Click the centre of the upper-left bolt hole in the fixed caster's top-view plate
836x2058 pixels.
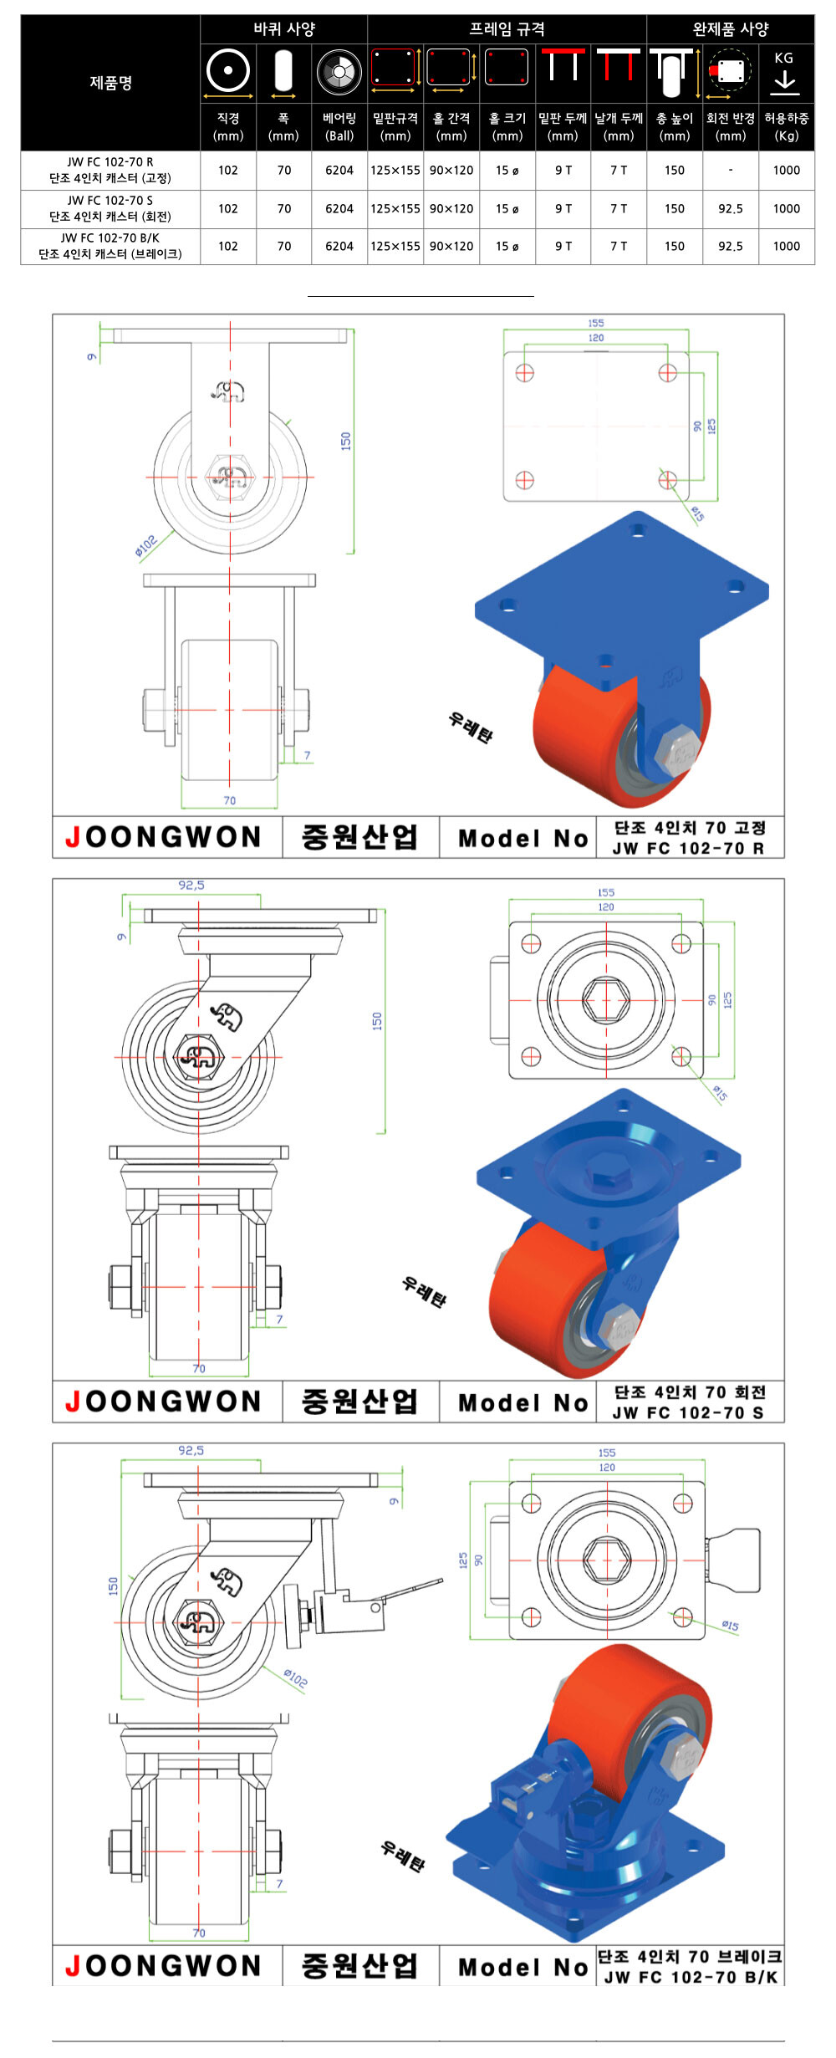tap(524, 372)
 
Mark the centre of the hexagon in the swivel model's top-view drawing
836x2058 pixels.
tap(606, 999)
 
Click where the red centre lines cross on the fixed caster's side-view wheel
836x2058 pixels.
tap(230, 477)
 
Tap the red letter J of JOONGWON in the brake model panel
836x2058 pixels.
tap(73, 1965)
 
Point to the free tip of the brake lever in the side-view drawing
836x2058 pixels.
tap(441, 1581)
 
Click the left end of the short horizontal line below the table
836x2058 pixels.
tap(308, 296)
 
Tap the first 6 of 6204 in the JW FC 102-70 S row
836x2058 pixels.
tap(329, 208)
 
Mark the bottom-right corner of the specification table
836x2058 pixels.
tap(814, 264)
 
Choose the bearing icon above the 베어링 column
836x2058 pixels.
tap(339, 72)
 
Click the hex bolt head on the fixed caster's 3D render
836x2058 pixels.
tap(678, 751)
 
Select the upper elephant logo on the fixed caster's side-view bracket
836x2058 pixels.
tap(227, 391)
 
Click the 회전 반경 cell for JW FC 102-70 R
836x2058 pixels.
tap(731, 171)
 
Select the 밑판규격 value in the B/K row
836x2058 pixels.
tap(395, 247)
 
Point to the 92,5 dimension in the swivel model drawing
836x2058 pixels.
tap(191, 885)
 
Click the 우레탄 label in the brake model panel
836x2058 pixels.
tap(403, 1856)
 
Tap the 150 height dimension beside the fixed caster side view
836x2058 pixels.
tap(345, 442)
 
